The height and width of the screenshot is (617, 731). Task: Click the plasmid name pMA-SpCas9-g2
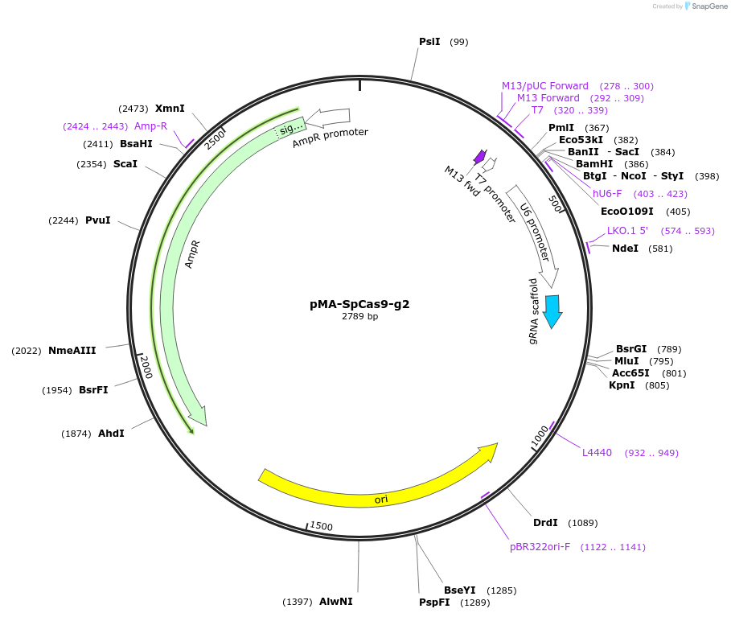365,305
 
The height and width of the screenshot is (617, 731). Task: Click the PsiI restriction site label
429,41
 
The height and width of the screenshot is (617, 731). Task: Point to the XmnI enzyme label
170,108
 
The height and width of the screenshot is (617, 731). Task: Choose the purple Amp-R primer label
150,125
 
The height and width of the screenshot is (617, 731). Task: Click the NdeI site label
625,248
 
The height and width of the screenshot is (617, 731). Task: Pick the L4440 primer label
597,453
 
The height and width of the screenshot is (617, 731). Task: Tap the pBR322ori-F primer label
540,547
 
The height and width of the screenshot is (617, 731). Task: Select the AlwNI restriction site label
335,602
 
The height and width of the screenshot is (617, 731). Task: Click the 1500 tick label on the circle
322,526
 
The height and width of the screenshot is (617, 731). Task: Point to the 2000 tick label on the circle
146,368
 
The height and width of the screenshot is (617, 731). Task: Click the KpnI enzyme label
622,385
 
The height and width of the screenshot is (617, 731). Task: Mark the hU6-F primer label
607,193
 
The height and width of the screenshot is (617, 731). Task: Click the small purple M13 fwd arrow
480,155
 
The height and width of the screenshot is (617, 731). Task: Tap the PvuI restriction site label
97,220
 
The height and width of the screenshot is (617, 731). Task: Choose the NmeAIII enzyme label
72,350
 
